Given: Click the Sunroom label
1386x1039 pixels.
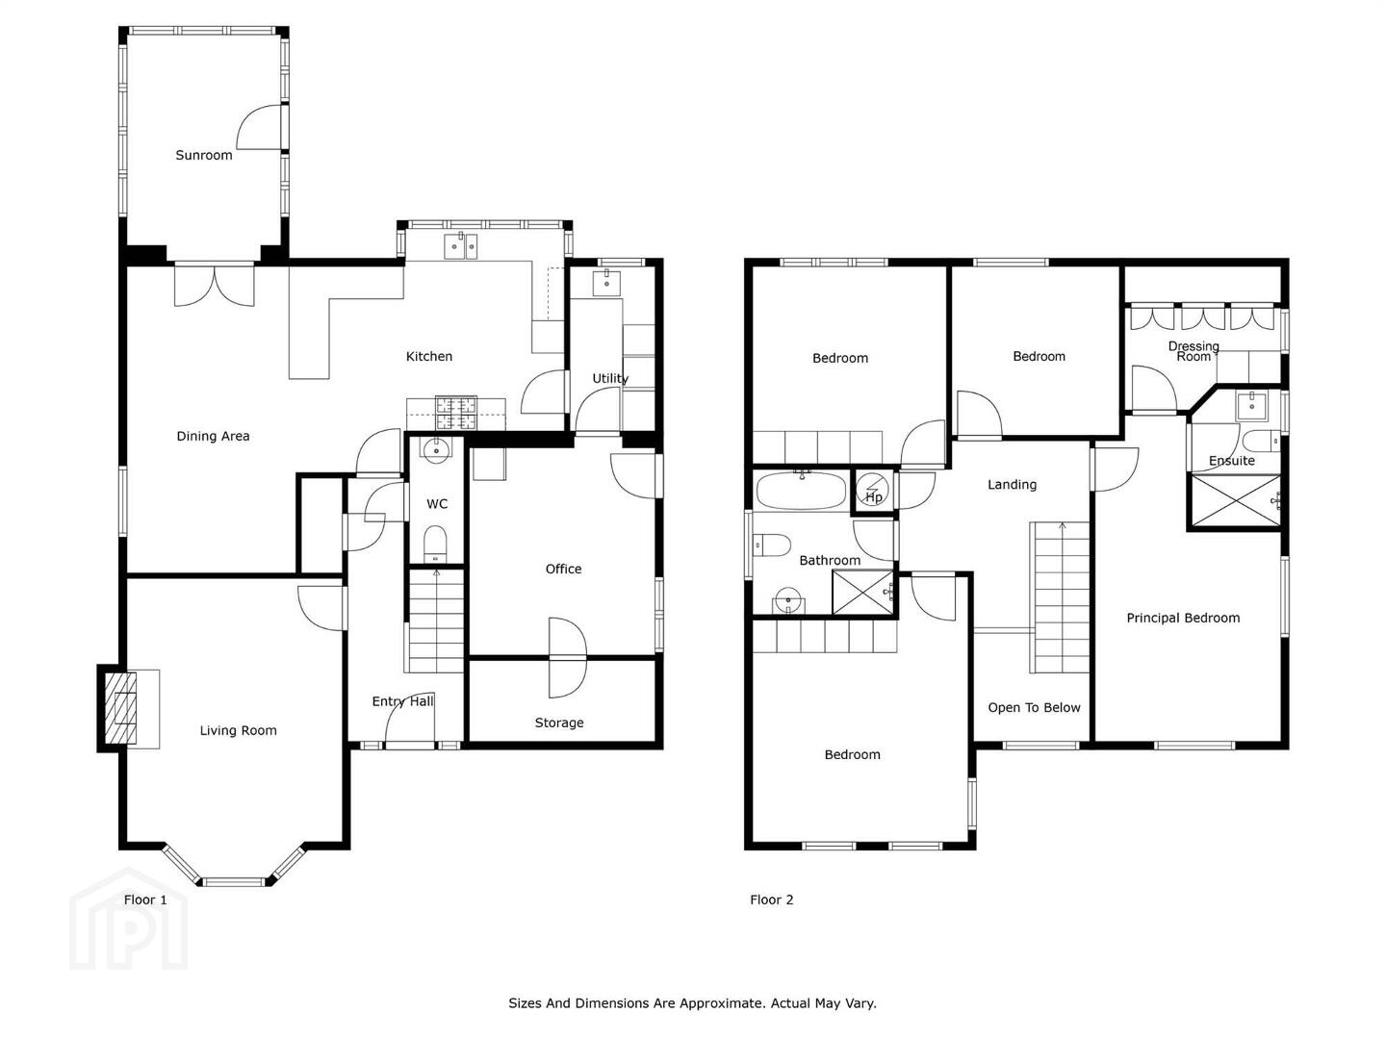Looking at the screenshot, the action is [203, 155].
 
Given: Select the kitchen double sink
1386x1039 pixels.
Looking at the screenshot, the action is [460, 246].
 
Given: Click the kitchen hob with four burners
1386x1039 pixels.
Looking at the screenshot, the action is [455, 414].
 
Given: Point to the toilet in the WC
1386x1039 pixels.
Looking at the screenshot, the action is [435, 544].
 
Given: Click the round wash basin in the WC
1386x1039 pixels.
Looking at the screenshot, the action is [436, 449].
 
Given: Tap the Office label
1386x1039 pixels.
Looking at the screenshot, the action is [563, 569].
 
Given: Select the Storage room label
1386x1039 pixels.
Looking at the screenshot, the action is [559, 722].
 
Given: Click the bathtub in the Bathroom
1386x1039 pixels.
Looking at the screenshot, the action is [802, 491].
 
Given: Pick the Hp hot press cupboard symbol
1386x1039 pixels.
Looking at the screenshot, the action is [873, 491].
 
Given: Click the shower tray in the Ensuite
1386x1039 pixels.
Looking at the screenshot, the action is [1235, 500].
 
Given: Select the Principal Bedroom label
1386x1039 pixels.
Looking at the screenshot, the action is [1183, 619].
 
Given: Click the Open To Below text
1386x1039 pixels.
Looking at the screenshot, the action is [1034, 708].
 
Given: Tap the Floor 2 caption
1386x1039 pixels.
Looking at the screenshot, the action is [771, 900].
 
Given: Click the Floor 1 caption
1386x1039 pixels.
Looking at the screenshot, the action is [145, 900].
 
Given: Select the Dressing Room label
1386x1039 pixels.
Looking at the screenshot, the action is [1193, 351].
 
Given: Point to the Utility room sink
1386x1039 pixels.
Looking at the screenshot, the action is [606, 283].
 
